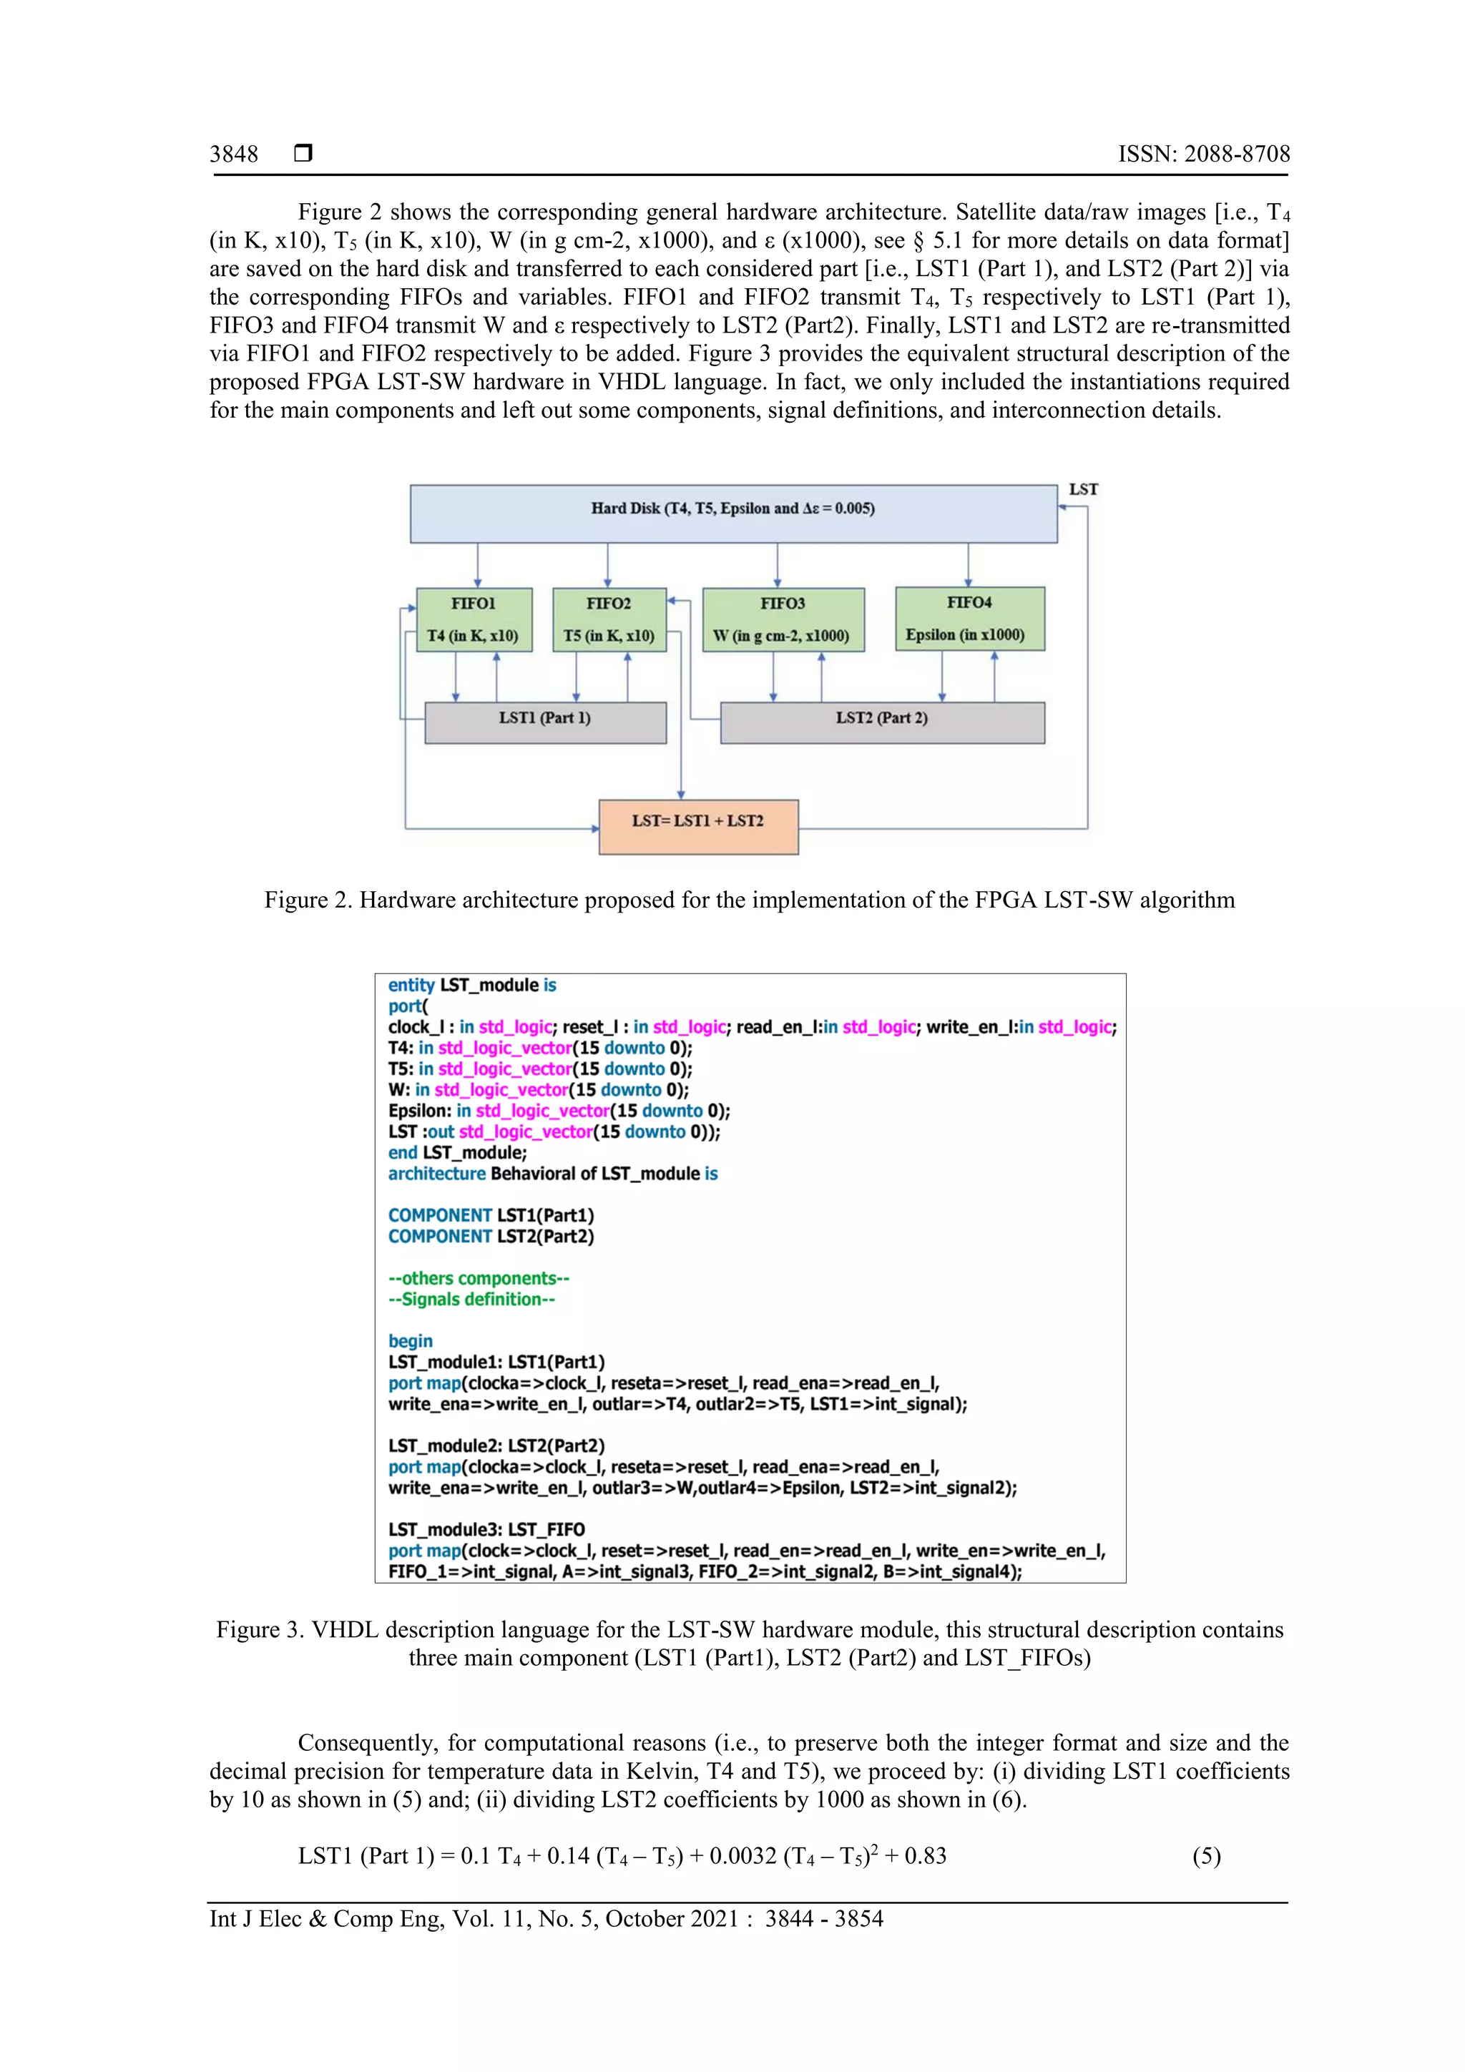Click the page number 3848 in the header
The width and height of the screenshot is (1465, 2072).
click(x=234, y=154)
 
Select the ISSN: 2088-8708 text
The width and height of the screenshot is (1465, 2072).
click(x=1203, y=154)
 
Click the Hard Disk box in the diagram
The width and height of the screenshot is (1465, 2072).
click(x=733, y=513)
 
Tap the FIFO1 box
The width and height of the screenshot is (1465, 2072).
click(x=474, y=619)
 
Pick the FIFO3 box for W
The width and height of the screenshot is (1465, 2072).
click(x=783, y=619)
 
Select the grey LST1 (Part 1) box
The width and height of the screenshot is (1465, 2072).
click(x=545, y=722)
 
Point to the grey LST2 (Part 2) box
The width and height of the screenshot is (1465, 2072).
click(x=882, y=722)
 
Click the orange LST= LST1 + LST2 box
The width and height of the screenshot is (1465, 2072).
click(x=697, y=826)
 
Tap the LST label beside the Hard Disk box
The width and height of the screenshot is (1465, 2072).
click(x=1083, y=489)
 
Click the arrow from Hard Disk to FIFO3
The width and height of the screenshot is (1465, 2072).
click(x=777, y=565)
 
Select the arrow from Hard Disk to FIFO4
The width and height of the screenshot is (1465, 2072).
click(x=969, y=565)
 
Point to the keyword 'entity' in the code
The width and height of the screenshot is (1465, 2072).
click(x=411, y=985)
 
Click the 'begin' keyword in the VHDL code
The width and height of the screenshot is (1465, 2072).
click(x=411, y=1340)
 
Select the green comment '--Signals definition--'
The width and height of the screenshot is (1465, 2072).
click(x=471, y=1299)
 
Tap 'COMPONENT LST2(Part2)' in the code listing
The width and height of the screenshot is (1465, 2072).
click(x=491, y=1235)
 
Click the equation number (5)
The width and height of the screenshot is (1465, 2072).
click(x=1206, y=1855)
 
